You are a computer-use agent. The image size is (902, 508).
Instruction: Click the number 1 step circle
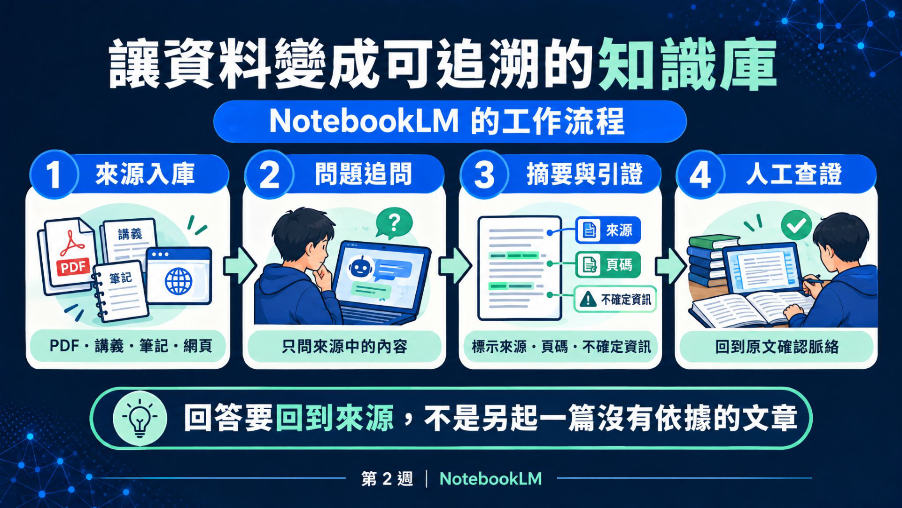point(54,175)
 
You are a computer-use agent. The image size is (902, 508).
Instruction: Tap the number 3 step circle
point(484,175)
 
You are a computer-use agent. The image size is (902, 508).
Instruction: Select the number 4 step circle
point(700,175)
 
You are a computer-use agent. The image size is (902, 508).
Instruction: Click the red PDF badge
point(73,267)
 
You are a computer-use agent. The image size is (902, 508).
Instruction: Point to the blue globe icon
point(179,281)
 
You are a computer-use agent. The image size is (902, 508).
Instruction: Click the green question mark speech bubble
point(394,223)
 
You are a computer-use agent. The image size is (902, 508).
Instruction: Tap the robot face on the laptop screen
point(360,268)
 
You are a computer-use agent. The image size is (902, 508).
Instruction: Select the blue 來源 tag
point(608,230)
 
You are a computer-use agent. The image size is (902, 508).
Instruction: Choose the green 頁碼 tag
point(608,264)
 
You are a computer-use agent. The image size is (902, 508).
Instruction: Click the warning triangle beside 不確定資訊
point(588,299)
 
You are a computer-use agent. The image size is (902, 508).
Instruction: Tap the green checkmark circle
point(796,226)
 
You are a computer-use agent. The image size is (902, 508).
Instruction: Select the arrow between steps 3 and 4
point(671,266)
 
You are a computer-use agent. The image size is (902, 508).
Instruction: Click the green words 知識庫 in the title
point(687,64)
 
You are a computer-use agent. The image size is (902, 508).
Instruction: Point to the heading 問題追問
point(363,175)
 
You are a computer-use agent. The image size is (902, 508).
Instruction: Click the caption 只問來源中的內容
point(344,347)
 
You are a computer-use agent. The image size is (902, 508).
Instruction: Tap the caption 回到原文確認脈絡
point(777,347)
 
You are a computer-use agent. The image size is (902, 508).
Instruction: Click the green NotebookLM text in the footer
point(490,479)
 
